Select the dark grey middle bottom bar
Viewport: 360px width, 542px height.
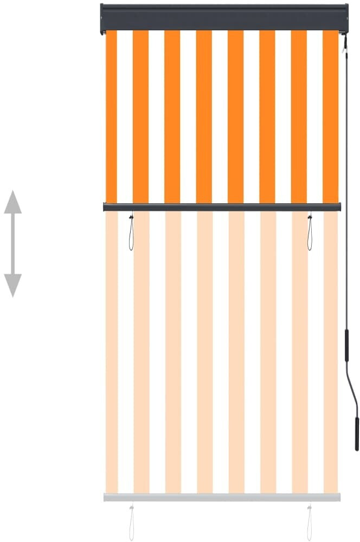tap(222, 207)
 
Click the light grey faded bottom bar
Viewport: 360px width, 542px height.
tap(222, 497)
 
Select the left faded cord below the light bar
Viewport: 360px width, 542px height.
tap(131, 523)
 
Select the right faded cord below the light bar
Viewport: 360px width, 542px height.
tap(310, 523)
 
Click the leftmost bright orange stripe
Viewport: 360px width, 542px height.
tap(111, 117)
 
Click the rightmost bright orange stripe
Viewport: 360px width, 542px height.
tap(330, 117)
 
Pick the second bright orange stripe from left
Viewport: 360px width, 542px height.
tap(141, 117)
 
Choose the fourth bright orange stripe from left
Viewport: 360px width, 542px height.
tap(204, 117)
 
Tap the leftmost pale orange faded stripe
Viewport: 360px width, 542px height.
tap(112, 352)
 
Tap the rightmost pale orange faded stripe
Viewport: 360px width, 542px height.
tap(330, 352)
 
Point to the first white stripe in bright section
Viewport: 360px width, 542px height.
tap(125, 117)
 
